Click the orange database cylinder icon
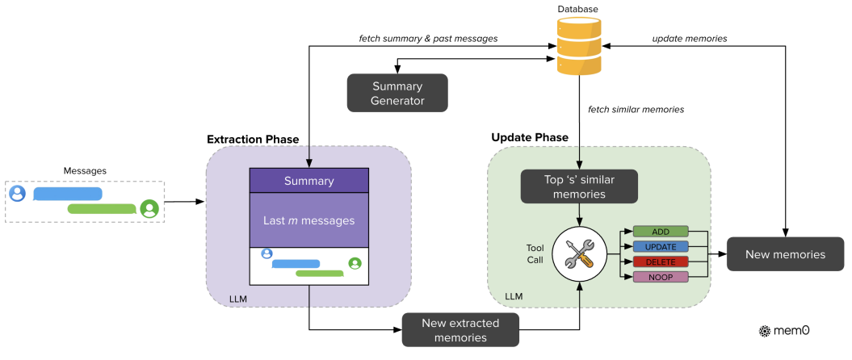[579, 46]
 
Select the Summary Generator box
[397, 94]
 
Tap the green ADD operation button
[661, 232]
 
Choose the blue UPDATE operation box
[661, 247]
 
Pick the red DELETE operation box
[661, 262]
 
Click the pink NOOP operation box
[661, 278]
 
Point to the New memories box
[785, 254]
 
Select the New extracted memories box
[460, 330]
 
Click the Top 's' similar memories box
[579, 186]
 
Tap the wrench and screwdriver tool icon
[579, 254]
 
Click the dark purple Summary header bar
[308, 181]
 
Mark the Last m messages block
[308, 220]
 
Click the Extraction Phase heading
[253, 140]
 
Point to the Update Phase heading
[530, 137]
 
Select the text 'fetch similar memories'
[636, 110]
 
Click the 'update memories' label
[690, 39]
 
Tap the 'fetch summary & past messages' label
[428, 39]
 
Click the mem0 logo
[783, 330]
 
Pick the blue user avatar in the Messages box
[18, 194]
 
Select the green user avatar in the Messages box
[149, 208]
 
